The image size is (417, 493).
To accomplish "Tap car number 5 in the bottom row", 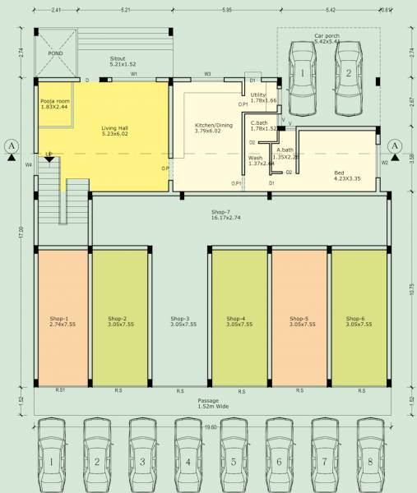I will click(234, 462).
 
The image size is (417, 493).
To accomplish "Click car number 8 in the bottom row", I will click(370, 462).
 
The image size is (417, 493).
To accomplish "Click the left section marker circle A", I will click(12, 146).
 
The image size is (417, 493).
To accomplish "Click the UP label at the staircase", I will click(49, 154).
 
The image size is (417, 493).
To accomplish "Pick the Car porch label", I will click(328, 38).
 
